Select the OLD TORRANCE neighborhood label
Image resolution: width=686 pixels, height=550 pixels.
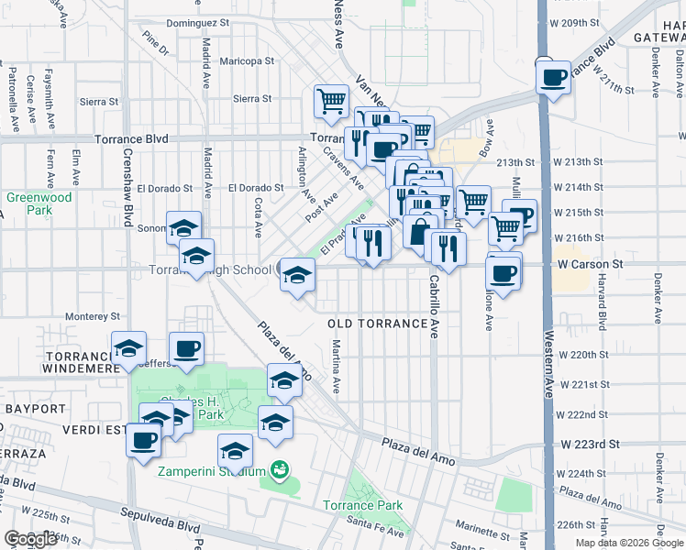pyautogui.click(x=378, y=324)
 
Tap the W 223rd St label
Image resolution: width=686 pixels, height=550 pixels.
pyautogui.click(x=589, y=444)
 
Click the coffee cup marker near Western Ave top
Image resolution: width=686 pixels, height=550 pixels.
pyautogui.click(x=553, y=78)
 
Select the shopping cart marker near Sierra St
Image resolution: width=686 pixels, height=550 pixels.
pyautogui.click(x=330, y=101)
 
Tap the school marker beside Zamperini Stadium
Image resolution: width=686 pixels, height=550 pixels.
pyautogui.click(x=236, y=451)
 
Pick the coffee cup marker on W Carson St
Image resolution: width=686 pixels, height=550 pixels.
pyautogui.click(x=502, y=272)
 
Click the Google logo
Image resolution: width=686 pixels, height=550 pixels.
pyautogui.click(x=30, y=540)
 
